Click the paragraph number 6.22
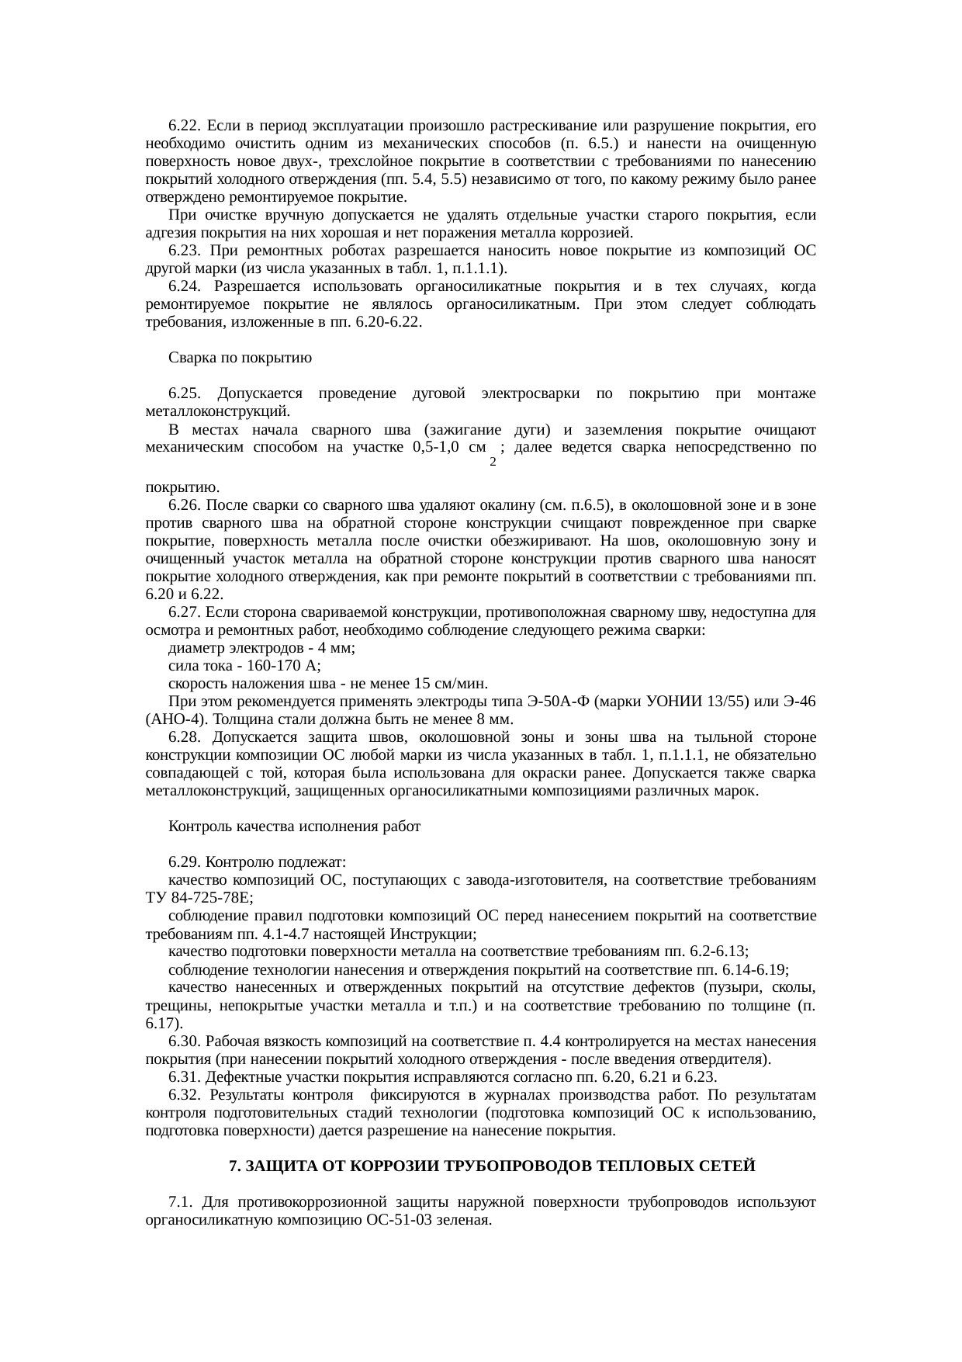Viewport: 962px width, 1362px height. (184, 126)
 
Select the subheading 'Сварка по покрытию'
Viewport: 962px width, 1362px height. (240, 358)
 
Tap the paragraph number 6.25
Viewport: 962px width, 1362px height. (184, 393)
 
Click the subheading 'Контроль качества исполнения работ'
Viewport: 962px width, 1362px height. (294, 827)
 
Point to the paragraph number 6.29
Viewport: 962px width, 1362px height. (184, 862)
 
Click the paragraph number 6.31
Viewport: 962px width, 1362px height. (184, 1077)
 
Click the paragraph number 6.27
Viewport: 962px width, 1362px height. (184, 612)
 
